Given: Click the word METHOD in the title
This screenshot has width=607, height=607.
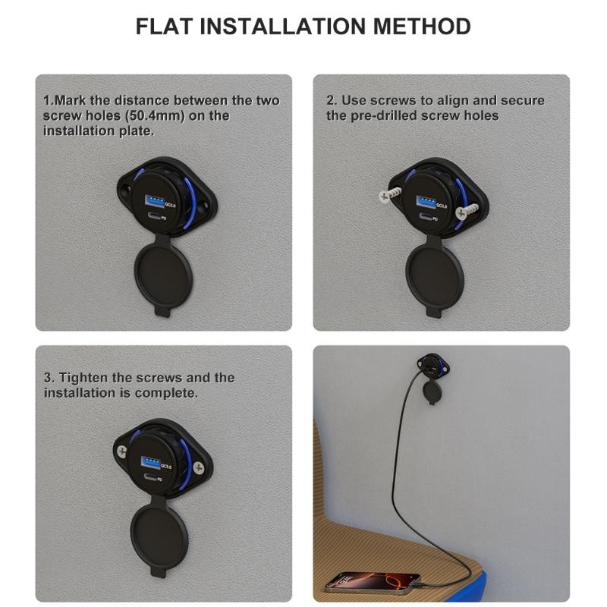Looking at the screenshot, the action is click(422, 27).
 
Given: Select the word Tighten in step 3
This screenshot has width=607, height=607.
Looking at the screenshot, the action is click(83, 377).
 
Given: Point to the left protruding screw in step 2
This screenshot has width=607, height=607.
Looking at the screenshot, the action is click(389, 194).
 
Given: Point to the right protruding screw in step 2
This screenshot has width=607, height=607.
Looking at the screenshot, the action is click(468, 212).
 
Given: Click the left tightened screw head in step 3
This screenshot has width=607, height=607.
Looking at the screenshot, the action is click(122, 451).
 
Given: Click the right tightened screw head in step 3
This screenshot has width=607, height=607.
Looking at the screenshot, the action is click(198, 467).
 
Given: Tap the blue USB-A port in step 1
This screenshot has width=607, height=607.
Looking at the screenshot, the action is click(154, 200).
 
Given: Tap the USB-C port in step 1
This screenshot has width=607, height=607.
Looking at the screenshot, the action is click(153, 217).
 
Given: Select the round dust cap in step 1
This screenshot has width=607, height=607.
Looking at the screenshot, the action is click(163, 275).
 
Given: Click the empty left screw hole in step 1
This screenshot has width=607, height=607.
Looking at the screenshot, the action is click(126, 190).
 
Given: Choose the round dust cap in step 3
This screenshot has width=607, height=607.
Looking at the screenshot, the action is click(159, 536).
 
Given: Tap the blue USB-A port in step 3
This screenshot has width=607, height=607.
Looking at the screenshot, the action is click(150, 462).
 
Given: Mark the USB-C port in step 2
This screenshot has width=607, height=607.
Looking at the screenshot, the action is click(424, 217).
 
